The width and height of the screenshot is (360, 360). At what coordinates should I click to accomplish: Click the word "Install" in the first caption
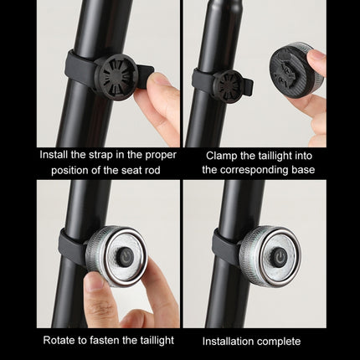[54, 155]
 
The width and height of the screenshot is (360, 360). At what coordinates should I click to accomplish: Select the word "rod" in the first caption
[152, 170]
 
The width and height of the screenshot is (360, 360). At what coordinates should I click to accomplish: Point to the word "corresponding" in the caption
[255, 170]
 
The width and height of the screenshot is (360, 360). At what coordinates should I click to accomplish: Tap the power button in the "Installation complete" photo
[280, 256]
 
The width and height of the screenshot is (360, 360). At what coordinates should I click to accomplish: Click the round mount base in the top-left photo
[116, 77]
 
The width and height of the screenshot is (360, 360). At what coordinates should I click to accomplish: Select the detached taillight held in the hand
[296, 69]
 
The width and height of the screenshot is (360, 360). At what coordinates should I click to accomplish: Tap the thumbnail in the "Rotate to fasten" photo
[94, 281]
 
